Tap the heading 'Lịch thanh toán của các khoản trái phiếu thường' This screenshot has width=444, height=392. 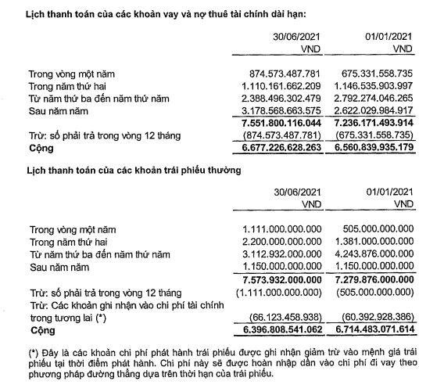point(134,169)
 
